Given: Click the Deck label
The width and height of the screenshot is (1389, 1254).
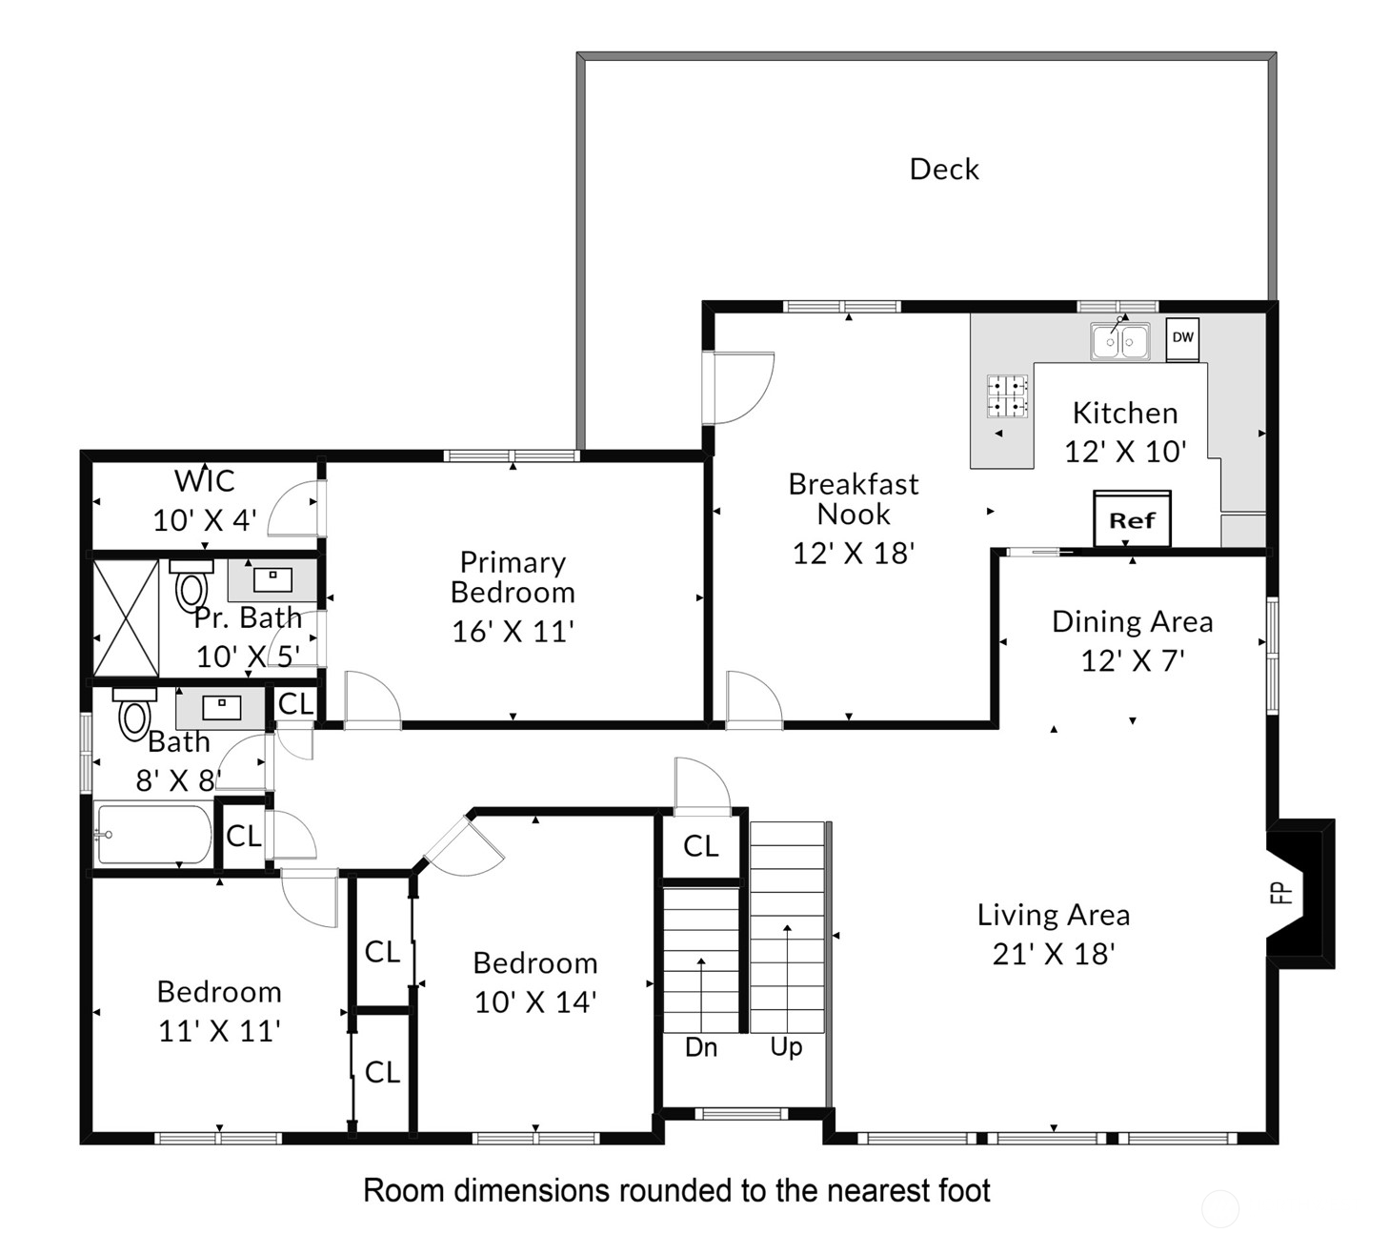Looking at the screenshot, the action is click(944, 170).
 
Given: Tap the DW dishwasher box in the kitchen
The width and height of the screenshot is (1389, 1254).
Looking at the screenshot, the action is click(1182, 339).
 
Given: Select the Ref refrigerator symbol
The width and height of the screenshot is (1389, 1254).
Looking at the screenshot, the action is click(1132, 519).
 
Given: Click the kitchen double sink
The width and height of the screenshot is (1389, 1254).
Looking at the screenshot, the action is click(1120, 340).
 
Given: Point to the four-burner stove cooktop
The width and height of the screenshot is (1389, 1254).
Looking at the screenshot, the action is click(1007, 396).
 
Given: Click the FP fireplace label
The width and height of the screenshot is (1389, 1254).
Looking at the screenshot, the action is click(1282, 892).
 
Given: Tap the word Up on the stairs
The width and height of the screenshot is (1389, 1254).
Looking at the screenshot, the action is click(786, 1047).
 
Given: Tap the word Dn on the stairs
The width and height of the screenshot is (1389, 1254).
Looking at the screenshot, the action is click(701, 1047).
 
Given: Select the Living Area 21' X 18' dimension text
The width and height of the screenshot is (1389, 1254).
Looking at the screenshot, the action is click(1053, 954).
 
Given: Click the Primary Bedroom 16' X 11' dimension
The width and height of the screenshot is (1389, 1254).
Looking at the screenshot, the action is click(513, 632).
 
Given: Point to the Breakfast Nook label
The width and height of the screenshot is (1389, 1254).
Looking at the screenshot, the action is click(853, 499).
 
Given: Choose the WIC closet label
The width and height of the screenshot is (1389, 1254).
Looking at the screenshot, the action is click(204, 481).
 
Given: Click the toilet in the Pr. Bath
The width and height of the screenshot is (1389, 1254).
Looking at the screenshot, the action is click(191, 585).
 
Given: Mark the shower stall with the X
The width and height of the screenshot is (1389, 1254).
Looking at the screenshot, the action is click(126, 618).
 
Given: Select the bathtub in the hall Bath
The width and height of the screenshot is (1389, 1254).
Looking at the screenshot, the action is click(153, 834).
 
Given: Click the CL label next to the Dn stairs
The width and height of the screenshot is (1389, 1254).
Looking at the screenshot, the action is click(701, 846).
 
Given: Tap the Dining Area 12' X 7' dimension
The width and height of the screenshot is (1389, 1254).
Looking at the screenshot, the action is click(1133, 661).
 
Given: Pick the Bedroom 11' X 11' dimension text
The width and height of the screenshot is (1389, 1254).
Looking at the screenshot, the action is click(219, 1031).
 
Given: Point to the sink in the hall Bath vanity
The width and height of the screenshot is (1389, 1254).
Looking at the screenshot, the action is click(222, 707).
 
